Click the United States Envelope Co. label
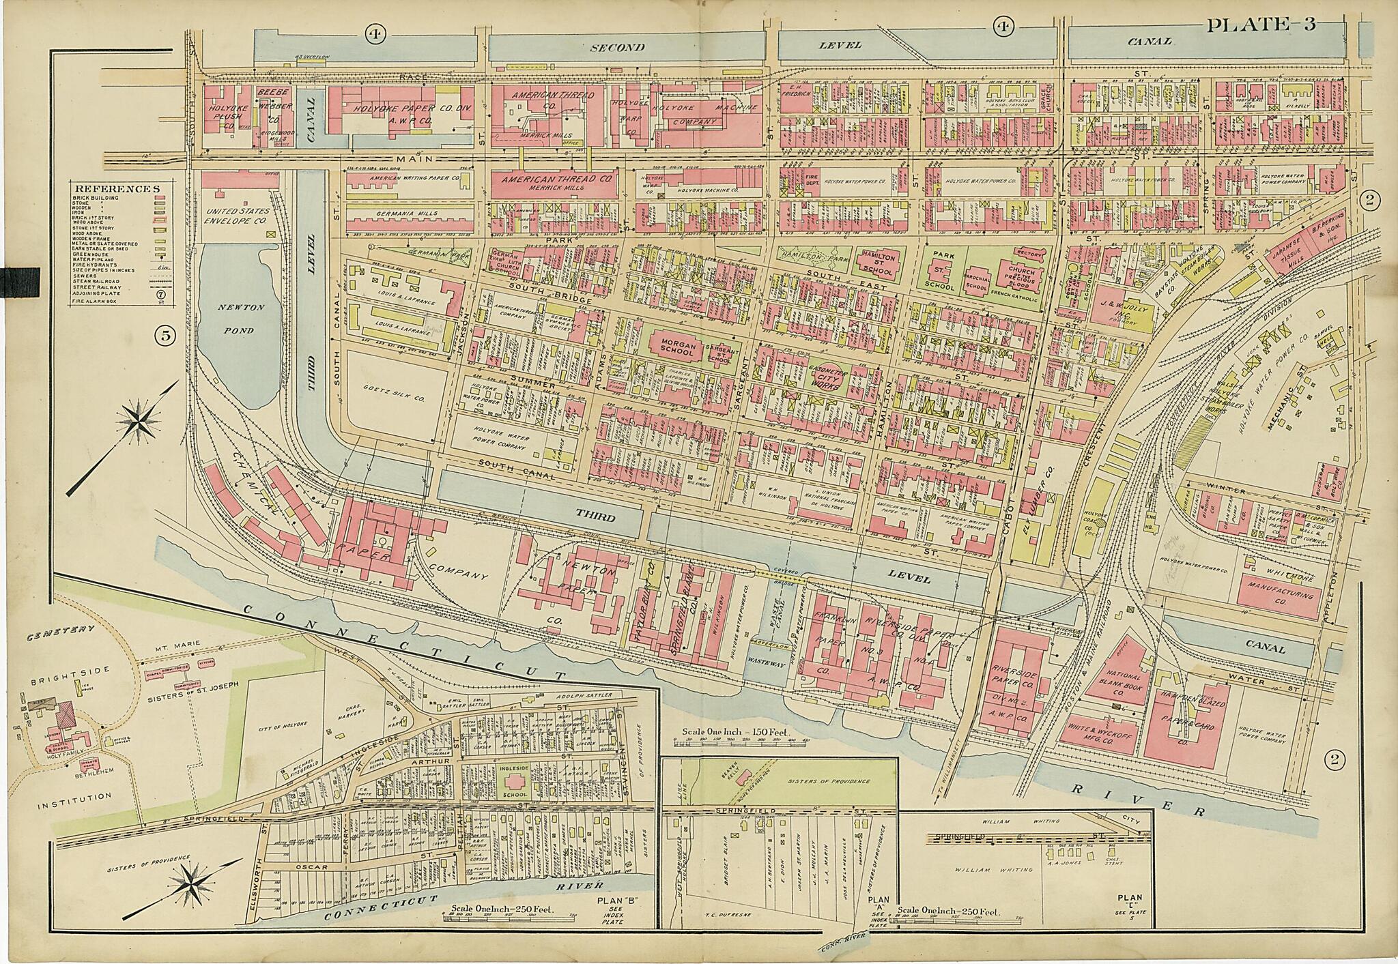point(238,216)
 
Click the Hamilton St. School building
point(878,262)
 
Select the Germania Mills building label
point(405,214)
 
